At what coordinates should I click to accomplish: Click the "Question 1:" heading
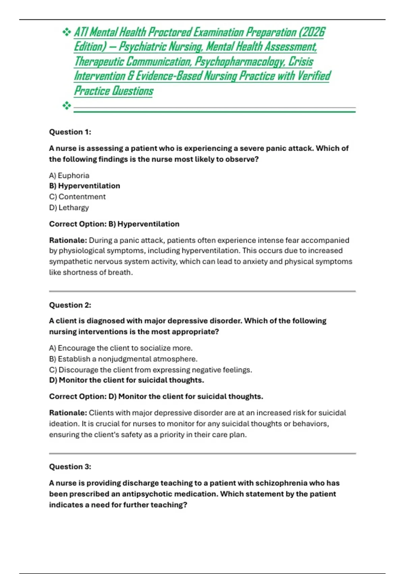pyautogui.click(x=70, y=132)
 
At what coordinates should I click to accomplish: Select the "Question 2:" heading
pyautogui.click(x=70, y=305)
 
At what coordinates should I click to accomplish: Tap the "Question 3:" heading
pyautogui.click(x=70, y=467)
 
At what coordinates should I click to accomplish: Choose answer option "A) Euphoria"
pyautogui.click(x=69, y=176)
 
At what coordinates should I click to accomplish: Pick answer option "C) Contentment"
pyautogui.click(x=77, y=197)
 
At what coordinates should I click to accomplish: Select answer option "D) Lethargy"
pyautogui.click(x=69, y=207)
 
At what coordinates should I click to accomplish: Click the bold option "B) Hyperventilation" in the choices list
pyautogui.click(x=84, y=186)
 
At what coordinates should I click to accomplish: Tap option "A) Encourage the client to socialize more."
pyautogui.click(x=120, y=348)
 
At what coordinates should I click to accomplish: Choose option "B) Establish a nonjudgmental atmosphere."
pyautogui.click(x=123, y=359)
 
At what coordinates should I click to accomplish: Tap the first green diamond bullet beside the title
pyautogui.click(x=66, y=32)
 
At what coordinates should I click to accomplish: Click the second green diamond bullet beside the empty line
pyautogui.click(x=66, y=106)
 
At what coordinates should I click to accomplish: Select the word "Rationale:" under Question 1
pyautogui.click(x=68, y=240)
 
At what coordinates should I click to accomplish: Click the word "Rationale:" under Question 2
pyautogui.click(x=68, y=413)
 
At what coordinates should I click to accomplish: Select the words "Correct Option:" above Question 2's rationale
pyautogui.click(x=78, y=396)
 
